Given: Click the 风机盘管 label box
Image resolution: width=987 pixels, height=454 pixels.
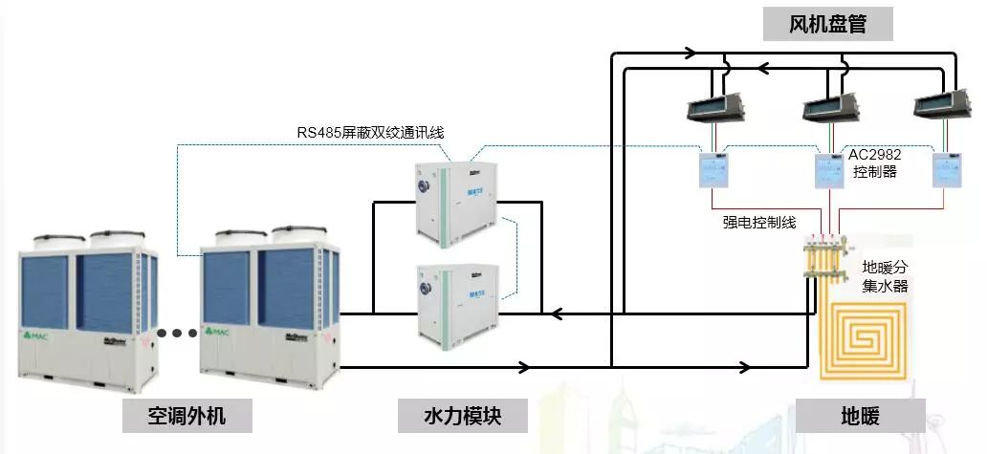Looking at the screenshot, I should pos(828,25).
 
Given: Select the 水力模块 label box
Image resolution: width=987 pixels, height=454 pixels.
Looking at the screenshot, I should pos(463,417).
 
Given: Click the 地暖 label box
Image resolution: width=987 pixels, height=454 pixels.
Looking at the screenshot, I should pos(860,417).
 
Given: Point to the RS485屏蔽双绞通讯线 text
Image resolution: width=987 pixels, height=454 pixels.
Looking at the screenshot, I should pos(370,132).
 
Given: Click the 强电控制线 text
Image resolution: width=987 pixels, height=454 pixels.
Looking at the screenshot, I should pos(759,222).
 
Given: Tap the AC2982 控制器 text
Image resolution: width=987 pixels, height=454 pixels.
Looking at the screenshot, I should pos(875,162).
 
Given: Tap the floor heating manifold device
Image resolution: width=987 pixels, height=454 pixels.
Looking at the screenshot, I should pos(824,260).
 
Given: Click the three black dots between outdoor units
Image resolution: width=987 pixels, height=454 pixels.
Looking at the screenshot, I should pos(176,334).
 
